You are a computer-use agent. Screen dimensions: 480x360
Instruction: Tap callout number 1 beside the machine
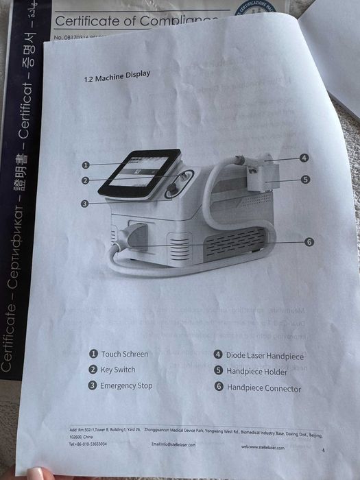(x=86, y=165)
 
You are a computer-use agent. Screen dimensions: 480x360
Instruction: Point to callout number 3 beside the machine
(x=84, y=203)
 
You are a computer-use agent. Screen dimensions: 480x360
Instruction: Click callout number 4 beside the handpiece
(x=304, y=158)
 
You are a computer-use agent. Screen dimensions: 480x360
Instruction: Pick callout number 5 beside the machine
(x=305, y=180)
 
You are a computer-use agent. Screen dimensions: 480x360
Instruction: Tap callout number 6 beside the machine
(x=309, y=241)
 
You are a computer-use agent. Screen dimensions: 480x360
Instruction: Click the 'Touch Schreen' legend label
(x=124, y=354)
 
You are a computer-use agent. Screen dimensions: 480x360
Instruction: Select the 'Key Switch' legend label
(x=117, y=370)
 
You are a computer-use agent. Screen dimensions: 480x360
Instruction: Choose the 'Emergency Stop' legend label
(x=126, y=385)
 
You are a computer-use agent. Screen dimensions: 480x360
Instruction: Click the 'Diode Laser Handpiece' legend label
(x=265, y=355)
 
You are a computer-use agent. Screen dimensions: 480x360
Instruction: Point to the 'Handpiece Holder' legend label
(x=257, y=372)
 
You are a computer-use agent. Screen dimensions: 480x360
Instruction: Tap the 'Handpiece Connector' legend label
(x=264, y=388)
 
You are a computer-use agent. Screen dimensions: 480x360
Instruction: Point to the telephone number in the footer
(x=88, y=444)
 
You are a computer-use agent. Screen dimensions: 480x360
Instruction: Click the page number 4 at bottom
(x=322, y=451)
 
